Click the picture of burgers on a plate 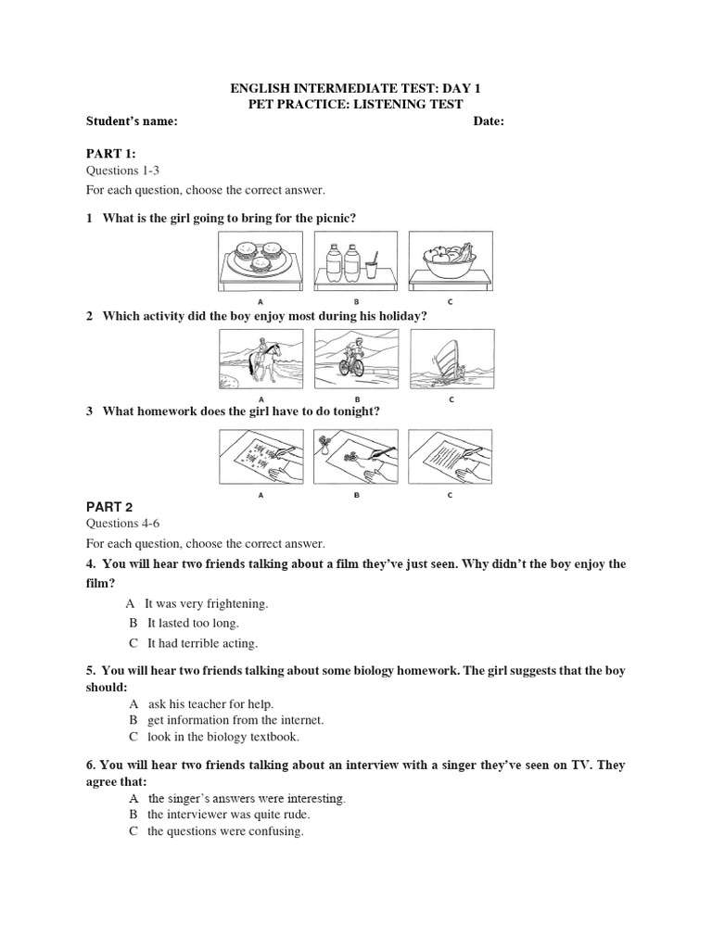point(261,261)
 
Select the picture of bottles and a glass point(356,261)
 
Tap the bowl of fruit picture point(451,261)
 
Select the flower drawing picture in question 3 point(356,456)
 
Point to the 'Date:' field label point(489,121)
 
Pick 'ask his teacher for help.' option point(210,704)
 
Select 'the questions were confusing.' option point(225,831)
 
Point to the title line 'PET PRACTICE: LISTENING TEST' point(356,105)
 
